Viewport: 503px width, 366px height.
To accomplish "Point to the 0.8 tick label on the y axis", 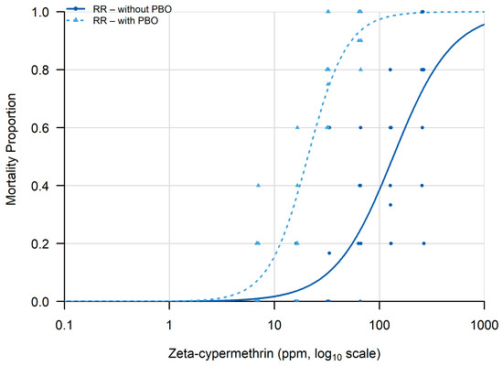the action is pyautogui.click(x=40, y=70).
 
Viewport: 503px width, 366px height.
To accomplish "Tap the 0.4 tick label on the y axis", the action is pyautogui.click(x=40, y=186).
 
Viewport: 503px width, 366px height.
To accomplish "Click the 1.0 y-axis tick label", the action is pyautogui.click(x=40, y=12).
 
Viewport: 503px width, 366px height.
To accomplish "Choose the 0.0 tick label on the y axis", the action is pyautogui.click(x=40, y=302).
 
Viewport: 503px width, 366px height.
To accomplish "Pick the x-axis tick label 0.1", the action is pyautogui.click(x=65, y=325).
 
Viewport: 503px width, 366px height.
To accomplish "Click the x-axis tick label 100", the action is pyautogui.click(x=380, y=325).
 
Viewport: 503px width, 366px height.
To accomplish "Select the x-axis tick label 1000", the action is pyautogui.click(x=484, y=325).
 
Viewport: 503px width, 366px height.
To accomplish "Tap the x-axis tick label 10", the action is pyautogui.click(x=274, y=325).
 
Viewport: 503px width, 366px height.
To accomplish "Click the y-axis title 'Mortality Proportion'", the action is pyautogui.click(x=11, y=149).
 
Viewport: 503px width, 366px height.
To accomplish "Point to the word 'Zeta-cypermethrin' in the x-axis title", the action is pyautogui.click(x=220, y=353).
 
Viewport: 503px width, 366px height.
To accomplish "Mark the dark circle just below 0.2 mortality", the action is pyautogui.click(x=329, y=253).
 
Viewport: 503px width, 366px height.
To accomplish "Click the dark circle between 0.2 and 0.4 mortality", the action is pyautogui.click(x=391, y=205).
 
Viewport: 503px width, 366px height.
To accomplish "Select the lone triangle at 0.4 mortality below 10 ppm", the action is pyautogui.click(x=259, y=185).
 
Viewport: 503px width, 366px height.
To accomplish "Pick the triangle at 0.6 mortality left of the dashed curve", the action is pyautogui.click(x=297, y=127).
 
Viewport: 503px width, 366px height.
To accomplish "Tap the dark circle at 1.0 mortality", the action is pyautogui.click(x=423, y=12).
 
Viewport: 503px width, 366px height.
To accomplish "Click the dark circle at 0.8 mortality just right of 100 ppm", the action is pyautogui.click(x=391, y=70).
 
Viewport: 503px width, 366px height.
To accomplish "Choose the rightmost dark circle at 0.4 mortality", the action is pyautogui.click(x=422, y=186).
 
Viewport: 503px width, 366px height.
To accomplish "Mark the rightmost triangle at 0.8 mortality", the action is pyautogui.click(x=360, y=70).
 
